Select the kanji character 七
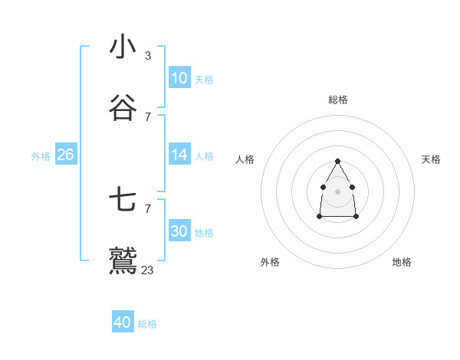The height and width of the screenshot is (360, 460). (x=123, y=200)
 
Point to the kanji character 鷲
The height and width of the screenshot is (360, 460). (x=123, y=261)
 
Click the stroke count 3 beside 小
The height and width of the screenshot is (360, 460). (x=148, y=56)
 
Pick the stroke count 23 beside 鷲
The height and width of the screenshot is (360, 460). (x=148, y=270)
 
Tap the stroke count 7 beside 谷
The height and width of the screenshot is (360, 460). (x=148, y=117)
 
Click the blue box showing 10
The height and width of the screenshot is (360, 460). (x=179, y=78)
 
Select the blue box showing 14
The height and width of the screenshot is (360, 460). (x=179, y=155)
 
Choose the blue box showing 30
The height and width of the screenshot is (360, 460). (x=179, y=231)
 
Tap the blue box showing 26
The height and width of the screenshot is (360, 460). (x=65, y=155)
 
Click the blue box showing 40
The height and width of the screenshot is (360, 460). (x=123, y=322)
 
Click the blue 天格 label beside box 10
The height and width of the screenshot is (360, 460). (x=204, y=80)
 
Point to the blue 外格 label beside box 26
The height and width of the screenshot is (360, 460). (x=41, y=156)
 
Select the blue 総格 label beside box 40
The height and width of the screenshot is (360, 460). (x=147, y=324)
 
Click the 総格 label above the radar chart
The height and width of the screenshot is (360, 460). (x=338, y=100)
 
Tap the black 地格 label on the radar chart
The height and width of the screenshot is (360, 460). (x=402, y=262)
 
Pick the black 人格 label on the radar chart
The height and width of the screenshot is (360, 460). (x=245, y=159)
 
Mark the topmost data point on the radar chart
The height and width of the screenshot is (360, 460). (x=337, y=161)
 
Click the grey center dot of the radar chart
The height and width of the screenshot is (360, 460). (x=337, y=191)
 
